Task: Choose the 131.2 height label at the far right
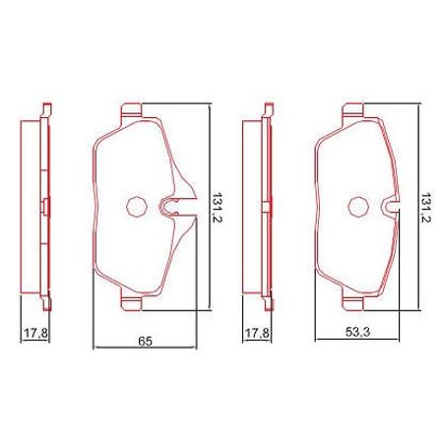(425, 209)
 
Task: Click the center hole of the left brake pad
(135, 206)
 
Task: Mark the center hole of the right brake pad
(357, 206)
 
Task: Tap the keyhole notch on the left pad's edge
(168, 207)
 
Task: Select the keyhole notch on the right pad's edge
(391, 207)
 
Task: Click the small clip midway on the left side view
(45, 206)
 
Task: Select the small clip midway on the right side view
(267, 206)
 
